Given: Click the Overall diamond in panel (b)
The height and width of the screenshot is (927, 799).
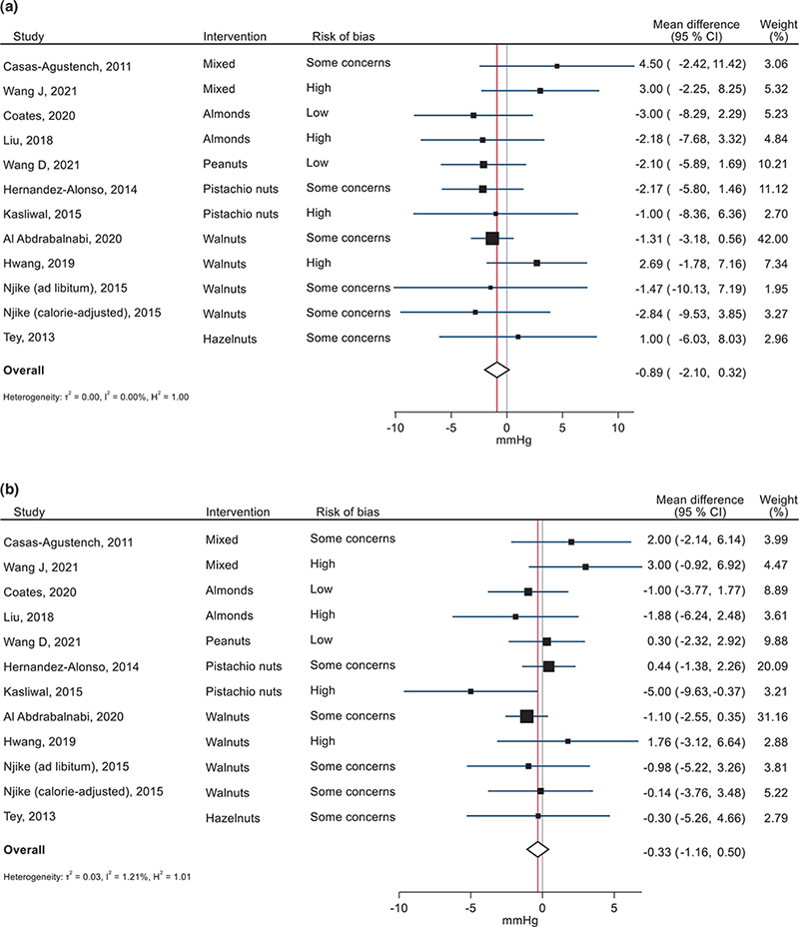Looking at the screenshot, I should point(538,849).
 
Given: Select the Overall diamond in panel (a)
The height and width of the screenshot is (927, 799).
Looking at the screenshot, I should point(496,369).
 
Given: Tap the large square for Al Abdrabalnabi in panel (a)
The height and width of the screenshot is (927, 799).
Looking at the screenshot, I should point(491,238).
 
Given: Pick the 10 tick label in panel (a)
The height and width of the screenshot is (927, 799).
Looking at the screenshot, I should point(616,430).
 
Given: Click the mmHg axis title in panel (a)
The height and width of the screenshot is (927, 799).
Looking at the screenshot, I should point(506,444).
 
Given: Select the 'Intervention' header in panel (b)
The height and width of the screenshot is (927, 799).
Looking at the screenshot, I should point(238,512).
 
